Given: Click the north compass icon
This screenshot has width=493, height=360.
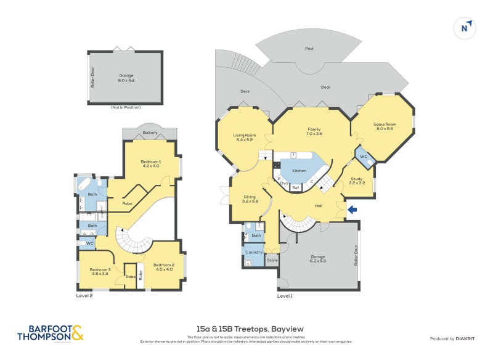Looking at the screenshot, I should [x=466, y=27].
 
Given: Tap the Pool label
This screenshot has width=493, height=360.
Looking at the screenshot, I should [x=309, y=49].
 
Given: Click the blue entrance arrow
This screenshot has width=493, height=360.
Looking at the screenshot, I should [x=352, y=210].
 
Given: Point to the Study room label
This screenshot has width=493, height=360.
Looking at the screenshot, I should [x=357, y=179].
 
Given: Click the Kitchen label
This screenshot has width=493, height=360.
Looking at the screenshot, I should [x=299, y=170].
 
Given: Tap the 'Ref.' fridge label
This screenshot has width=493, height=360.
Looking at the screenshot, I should [x=296, y=187].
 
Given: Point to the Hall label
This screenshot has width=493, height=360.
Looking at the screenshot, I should [x=319, y=206].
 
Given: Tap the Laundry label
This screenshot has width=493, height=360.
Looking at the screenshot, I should [x=255, y=252].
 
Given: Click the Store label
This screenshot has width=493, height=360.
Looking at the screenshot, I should [x=272, y=261].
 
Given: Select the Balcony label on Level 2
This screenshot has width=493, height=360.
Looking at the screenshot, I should [x=150, y=133].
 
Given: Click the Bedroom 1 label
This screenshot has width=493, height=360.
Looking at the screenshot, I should [x=151, y=163].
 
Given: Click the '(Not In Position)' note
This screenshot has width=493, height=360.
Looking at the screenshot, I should [x=126, y=107].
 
